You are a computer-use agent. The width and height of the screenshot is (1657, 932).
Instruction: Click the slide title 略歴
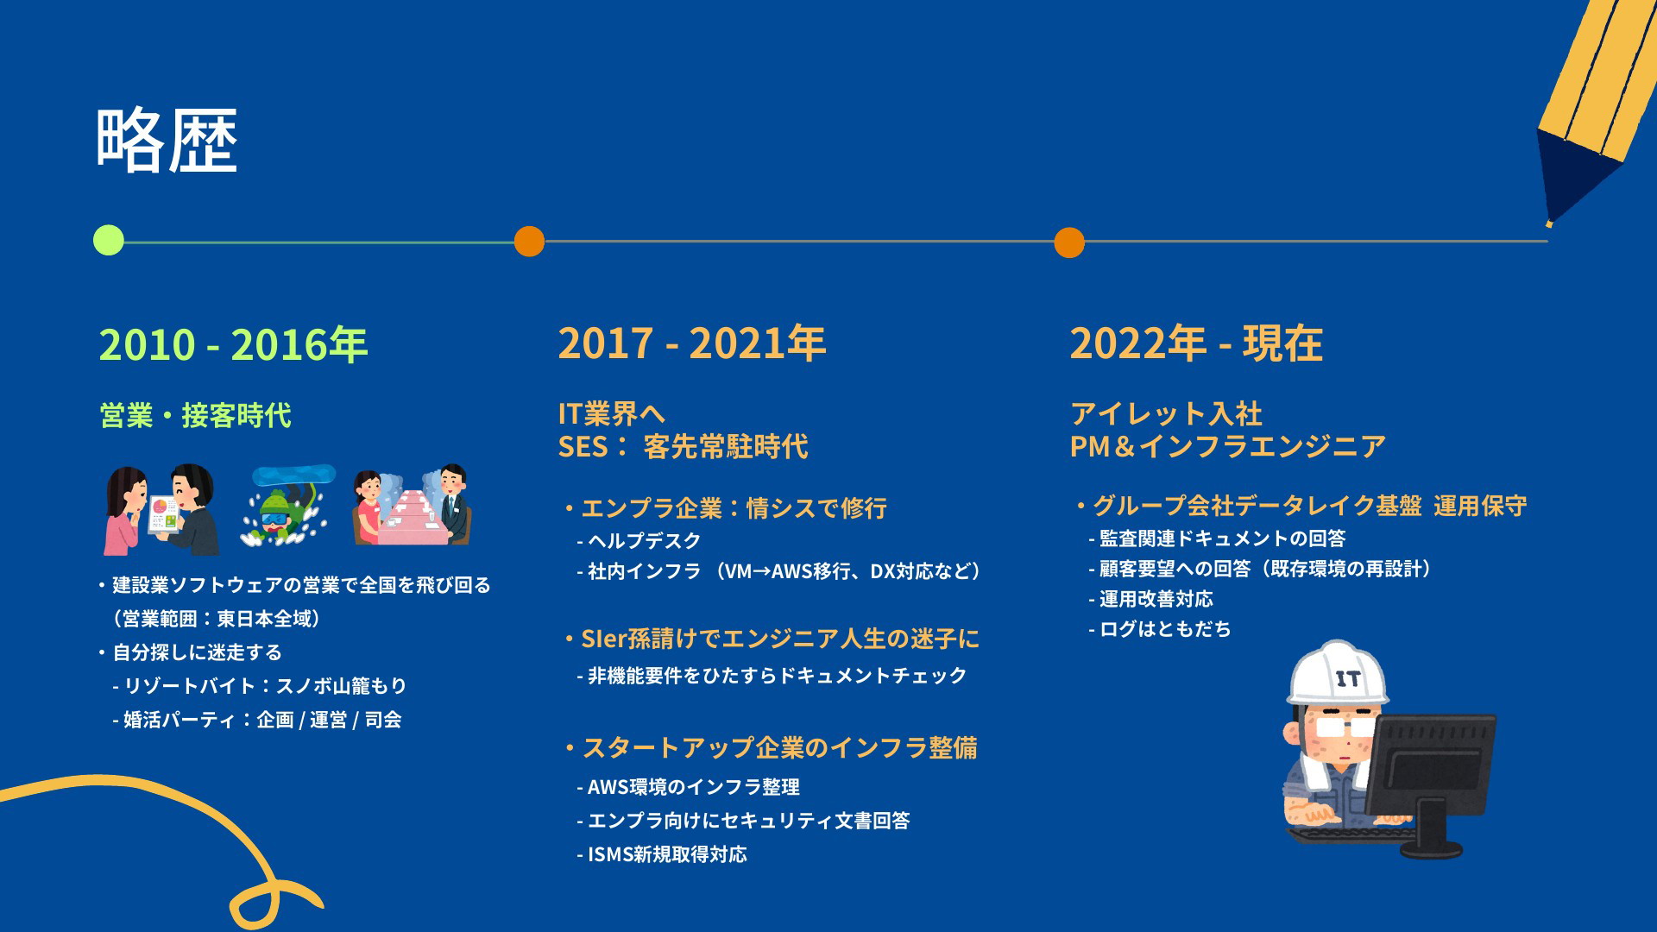pos(167,141)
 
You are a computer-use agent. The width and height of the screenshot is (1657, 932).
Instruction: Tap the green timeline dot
pos(109,240)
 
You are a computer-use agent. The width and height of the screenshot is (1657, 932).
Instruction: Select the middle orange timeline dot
pos(529,241)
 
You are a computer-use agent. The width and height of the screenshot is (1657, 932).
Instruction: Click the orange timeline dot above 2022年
pos(1069,242)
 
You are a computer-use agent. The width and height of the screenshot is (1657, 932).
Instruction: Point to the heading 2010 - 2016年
pos(233,344)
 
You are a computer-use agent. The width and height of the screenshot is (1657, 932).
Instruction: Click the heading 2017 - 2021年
pos(691,343)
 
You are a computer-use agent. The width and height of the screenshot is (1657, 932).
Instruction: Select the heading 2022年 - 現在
pos(1196,343)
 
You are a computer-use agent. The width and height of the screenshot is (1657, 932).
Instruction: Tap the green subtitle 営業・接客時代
pos(195,416)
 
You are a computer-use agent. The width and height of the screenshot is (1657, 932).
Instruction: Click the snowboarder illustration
pos(287,506)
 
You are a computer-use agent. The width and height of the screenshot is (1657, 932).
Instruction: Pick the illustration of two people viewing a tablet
pos(161,509)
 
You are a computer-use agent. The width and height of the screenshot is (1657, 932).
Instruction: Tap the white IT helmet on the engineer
pos(1338,673)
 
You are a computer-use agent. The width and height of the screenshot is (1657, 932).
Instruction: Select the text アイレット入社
pos(1166,414)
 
